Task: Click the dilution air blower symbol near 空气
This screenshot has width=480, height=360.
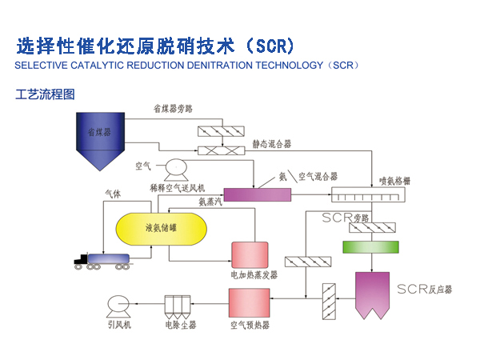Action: coord(174,169)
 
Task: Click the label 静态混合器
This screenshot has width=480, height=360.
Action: coord(271,144)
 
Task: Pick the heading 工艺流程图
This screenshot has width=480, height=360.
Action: coord(45,94)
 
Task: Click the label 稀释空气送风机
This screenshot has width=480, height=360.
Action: coord(177,186)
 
